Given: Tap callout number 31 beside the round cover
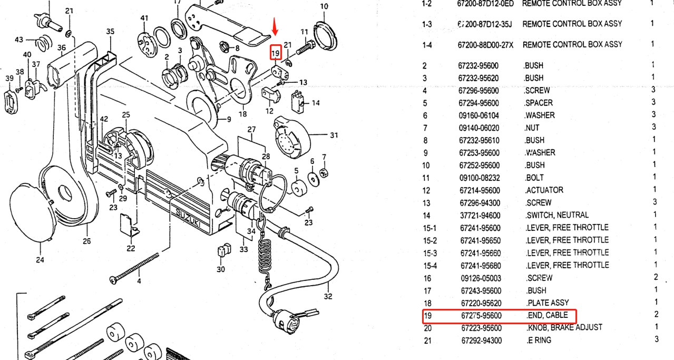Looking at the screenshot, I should (334, 135).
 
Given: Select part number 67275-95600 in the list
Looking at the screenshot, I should (481, 316).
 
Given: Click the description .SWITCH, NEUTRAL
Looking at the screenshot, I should (557, 215).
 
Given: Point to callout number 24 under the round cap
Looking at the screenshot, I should (40, 259).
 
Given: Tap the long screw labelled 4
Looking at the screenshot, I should (135, 268).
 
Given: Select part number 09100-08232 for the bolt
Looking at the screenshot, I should (479, 178).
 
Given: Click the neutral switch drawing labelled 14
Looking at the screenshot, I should (299, 101).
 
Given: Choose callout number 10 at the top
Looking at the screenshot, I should (324, 7).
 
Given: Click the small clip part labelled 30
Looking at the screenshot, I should (223, 249).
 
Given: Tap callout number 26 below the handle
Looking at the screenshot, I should (87, 241).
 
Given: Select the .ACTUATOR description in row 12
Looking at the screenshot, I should (544, 190).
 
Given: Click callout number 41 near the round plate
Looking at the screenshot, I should (144, 18).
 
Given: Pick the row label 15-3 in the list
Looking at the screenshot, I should (430, 252).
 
